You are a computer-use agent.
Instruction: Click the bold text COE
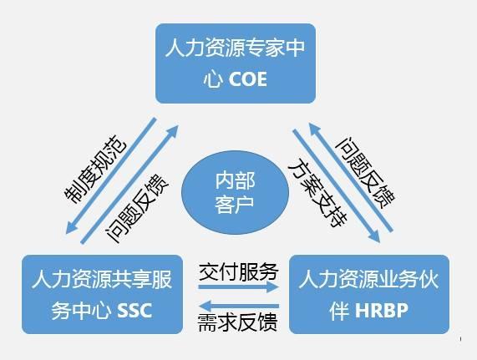click(x=247, y=79)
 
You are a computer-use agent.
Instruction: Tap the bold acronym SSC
click(x=134, y=311)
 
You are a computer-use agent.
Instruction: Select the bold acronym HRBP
click(x=381, y=311)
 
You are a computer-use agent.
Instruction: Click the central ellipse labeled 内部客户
click(x=235, y=192)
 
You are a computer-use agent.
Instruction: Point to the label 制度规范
click(x=95, y=169)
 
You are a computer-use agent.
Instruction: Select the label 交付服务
click(x=239, y=271)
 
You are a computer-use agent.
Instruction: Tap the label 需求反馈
click(x=237, y=322)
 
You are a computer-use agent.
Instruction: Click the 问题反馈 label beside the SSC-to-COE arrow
click(x=137, y=208)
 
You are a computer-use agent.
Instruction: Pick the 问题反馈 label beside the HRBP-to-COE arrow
click(x=365, y=172)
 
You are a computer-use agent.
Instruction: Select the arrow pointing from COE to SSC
click(x=111, y=176)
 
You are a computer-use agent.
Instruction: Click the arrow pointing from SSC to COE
click(x=129, y=184)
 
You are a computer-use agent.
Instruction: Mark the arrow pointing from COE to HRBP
click(x=337, y=186)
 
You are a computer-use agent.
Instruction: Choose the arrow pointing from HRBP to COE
click(x=351, y=177)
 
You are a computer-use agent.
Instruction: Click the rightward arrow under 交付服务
click(x=238, y=287)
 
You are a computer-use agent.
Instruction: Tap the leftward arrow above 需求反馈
click(x=238, y=306)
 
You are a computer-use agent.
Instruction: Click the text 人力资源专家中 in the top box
click(x=235, y=48)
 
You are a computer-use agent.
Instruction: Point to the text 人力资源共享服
click(x=102, y=279)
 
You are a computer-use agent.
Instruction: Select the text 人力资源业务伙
click(x=368, y=279)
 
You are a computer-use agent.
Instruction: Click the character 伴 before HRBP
click(x=339, y=311)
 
